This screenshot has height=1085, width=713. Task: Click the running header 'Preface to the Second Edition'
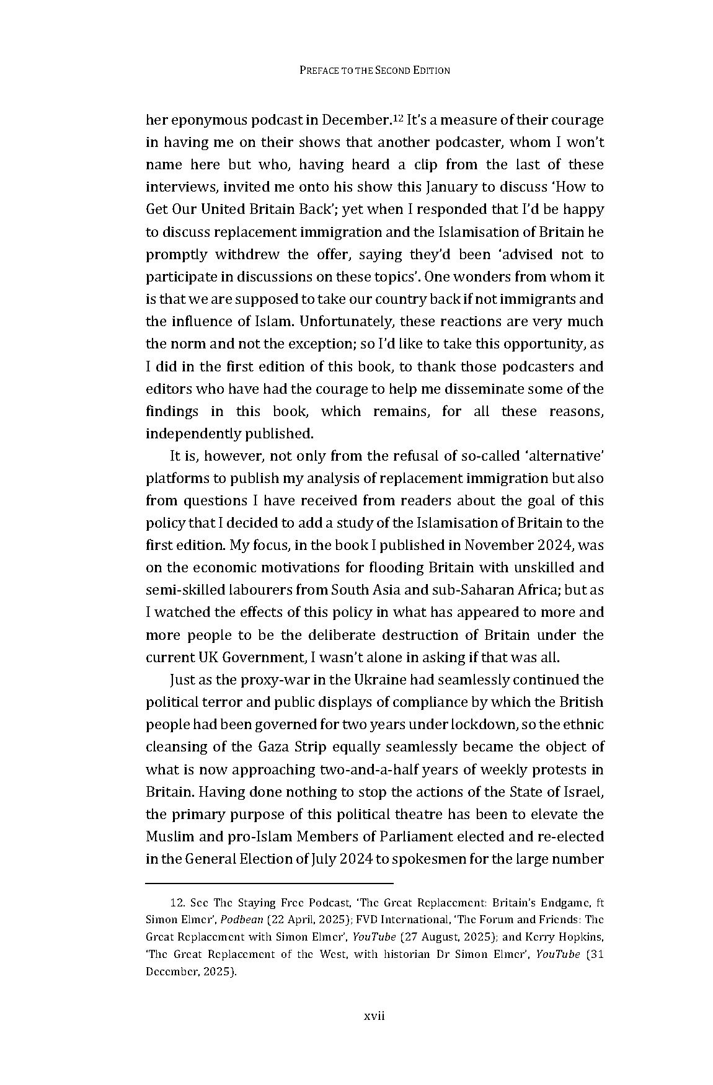tap(374, 70)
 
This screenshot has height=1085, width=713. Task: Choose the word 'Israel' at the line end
tap(582, 792)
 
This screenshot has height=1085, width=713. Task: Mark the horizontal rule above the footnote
tap(269, 882)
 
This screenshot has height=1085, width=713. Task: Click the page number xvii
tap(374, 1016)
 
